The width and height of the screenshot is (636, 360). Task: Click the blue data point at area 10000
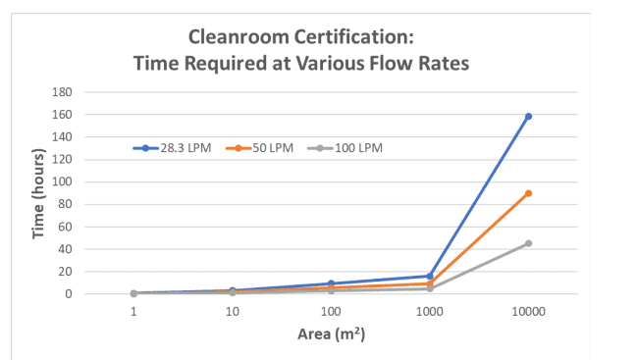point(528,117)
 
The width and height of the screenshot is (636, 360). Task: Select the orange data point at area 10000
point(528,193)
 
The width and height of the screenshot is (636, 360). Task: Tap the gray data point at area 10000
point(528,243)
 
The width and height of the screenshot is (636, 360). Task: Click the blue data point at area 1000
point(430,276)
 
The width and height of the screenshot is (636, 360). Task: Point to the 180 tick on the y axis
point(63,92)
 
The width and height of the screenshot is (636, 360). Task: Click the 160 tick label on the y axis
point(63,115)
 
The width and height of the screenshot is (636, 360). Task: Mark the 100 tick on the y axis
point(63,181)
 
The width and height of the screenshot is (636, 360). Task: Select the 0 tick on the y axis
point(69,293)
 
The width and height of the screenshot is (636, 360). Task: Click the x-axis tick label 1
point(133,311)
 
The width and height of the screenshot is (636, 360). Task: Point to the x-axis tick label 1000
point(430,311)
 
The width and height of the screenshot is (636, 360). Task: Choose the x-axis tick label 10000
point(528,311)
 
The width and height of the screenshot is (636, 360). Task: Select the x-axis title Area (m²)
point(331,334)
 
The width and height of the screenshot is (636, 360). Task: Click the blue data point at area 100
point(331,283)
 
